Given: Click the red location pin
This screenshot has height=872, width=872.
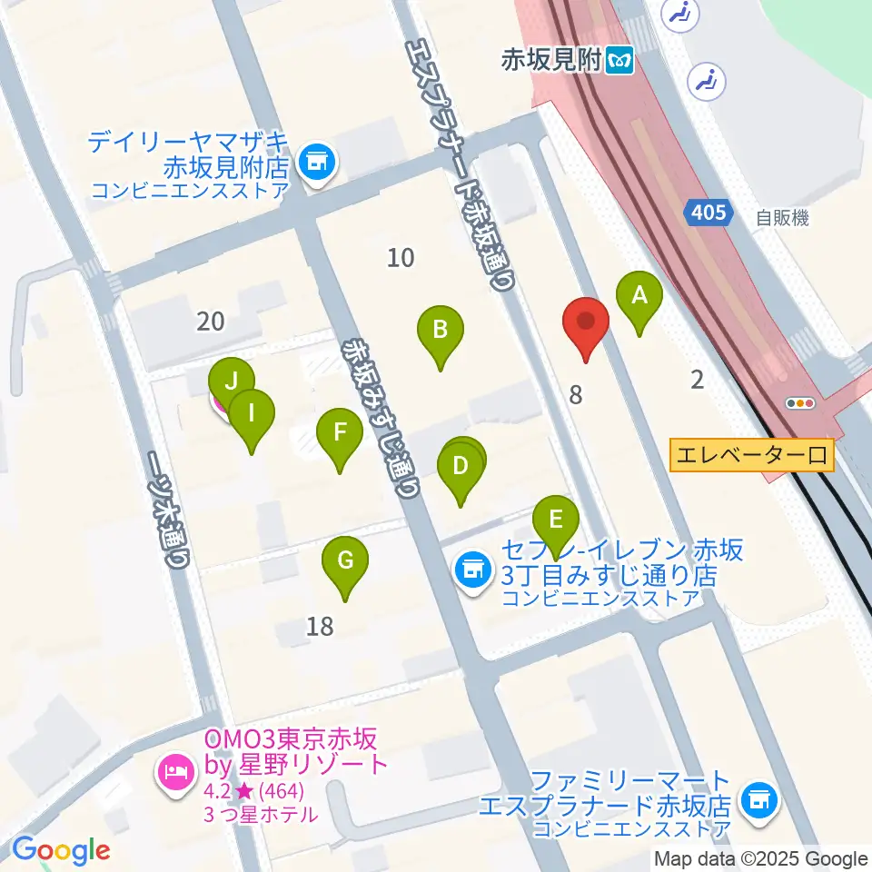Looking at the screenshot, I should [x=586, y=323].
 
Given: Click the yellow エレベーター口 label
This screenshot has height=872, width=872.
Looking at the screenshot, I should [x=751, y=454].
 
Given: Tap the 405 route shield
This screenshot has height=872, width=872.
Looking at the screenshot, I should [x=707, y=213].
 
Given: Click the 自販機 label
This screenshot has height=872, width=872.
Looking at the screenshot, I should [x=781, y=218].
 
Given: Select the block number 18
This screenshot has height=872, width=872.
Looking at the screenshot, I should [x=320, y=626].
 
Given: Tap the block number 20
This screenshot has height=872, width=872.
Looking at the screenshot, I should [x=210, y=321].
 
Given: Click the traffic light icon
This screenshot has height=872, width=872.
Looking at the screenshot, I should [x=802, y=403].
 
